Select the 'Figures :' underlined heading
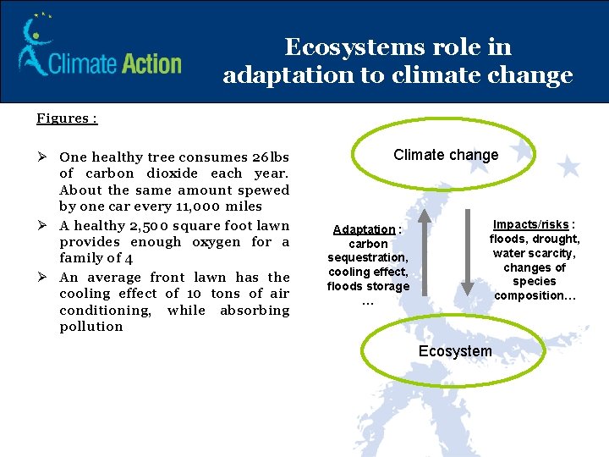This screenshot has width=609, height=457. click(67, 118)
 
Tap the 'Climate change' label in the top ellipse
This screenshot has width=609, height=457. click(446, 155)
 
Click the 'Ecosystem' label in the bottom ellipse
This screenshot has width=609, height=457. click(455, 351)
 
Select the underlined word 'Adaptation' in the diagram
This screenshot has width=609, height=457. click(364, 229)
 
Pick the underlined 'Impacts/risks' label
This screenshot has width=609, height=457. click(531, 224)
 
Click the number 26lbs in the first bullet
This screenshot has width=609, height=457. click(271, 157)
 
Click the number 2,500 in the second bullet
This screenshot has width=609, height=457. click(152, 226)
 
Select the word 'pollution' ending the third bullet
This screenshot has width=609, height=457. click(91, 327)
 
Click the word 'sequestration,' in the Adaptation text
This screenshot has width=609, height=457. click(368, 257)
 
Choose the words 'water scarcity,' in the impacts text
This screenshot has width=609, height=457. click(535, 253)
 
